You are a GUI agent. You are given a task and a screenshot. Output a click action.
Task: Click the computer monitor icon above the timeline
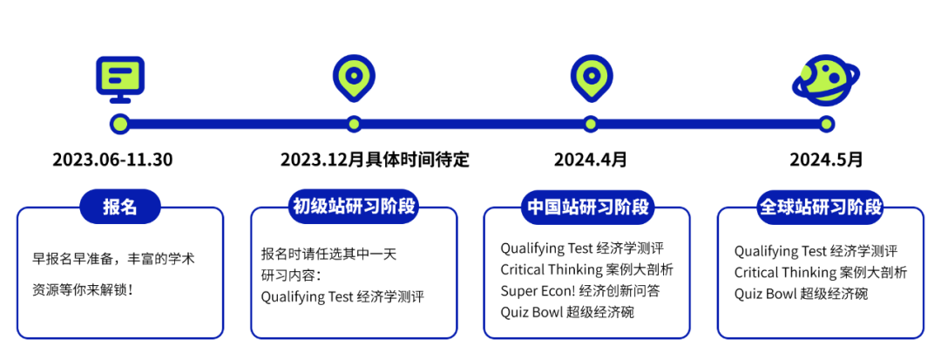click(x=120, y=76)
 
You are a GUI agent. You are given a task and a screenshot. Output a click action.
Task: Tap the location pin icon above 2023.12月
click(x=354, y=78)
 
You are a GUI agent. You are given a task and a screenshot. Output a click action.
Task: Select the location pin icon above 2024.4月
click(x=591, y=78)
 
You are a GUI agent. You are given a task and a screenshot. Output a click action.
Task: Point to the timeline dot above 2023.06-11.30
click(x=120, y=124)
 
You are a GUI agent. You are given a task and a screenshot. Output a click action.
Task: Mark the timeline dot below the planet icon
click(x=826, y=124)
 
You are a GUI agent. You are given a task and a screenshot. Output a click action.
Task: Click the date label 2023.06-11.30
click(x=112, y=160)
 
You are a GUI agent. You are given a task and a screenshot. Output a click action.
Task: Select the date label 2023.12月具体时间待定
click(x=375, y=160)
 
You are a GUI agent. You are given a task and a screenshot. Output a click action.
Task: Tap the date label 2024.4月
click(x=590, y=160)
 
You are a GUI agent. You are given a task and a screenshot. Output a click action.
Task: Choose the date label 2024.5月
click(x=826, y=160)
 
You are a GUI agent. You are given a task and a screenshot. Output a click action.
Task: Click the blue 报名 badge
click(x=120, y=207)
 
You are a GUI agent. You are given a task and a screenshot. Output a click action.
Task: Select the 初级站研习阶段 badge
click(x=354, y=207)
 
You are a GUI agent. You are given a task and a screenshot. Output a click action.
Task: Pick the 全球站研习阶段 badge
click(x=821, y=207)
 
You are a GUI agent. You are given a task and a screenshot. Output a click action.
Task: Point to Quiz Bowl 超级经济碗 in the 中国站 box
click(x=566, y=311)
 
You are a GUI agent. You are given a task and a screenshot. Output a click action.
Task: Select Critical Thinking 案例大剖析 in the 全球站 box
click(x=820, y=272)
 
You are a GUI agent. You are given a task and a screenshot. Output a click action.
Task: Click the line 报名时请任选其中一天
click(x=328, y=254)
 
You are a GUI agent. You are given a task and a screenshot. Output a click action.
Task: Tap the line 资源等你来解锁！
click(x=83, y=288)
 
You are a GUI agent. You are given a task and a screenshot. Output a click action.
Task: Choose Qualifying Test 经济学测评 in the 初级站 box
click(x=342, y=296)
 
